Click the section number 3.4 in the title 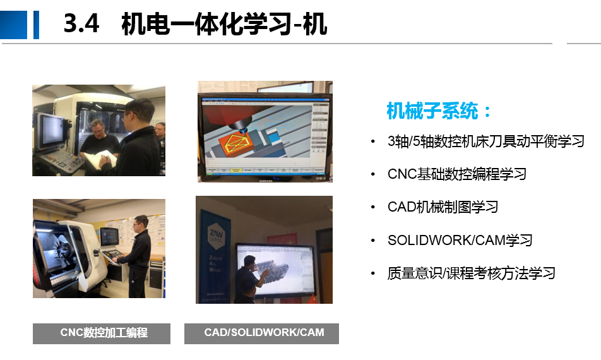[81, 23]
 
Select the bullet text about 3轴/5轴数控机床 [485, 141]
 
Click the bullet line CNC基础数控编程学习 [457, 174]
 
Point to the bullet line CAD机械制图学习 [443, 207]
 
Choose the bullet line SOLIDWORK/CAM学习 [460, 241]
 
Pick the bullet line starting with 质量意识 [471, 273]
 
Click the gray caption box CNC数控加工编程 [102, 333]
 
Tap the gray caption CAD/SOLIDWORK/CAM [261, 333]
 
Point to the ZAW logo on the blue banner [215, 234]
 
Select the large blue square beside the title [13, 25]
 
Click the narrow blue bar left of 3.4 [37, 25]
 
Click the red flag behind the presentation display [282, 239]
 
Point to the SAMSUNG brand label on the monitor [265, 180]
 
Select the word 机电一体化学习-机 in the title [224, 24]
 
